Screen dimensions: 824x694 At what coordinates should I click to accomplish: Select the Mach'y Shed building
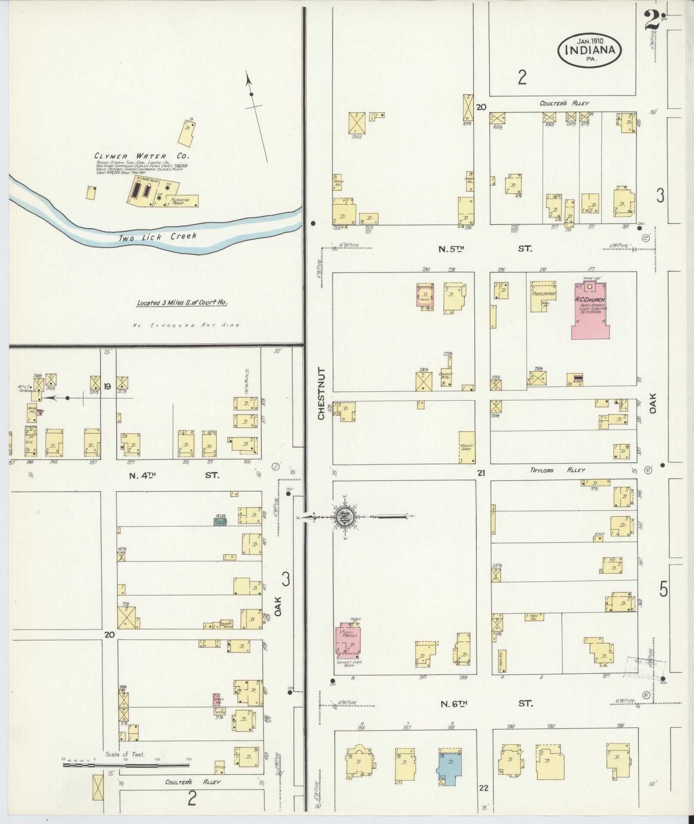(x=466, y=447)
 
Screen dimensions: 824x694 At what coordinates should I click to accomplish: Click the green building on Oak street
(x=220, y=522)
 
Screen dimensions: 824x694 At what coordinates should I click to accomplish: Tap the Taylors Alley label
(x=558, y=470)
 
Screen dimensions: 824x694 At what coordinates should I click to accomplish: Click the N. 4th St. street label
(x=174, y=475)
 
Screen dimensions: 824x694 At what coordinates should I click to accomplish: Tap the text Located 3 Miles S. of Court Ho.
(x=182, y=303)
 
